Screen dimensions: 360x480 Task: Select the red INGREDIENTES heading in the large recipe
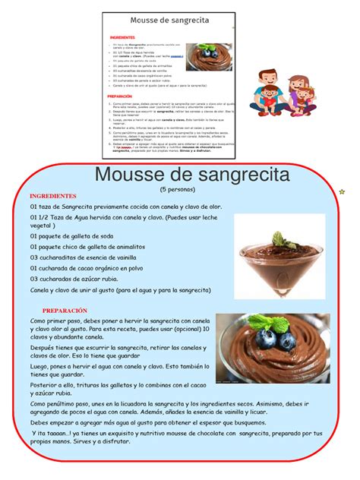click(53, 195)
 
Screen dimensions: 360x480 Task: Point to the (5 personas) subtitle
click(177, 188)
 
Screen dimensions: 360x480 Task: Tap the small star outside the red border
click(342, 191)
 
